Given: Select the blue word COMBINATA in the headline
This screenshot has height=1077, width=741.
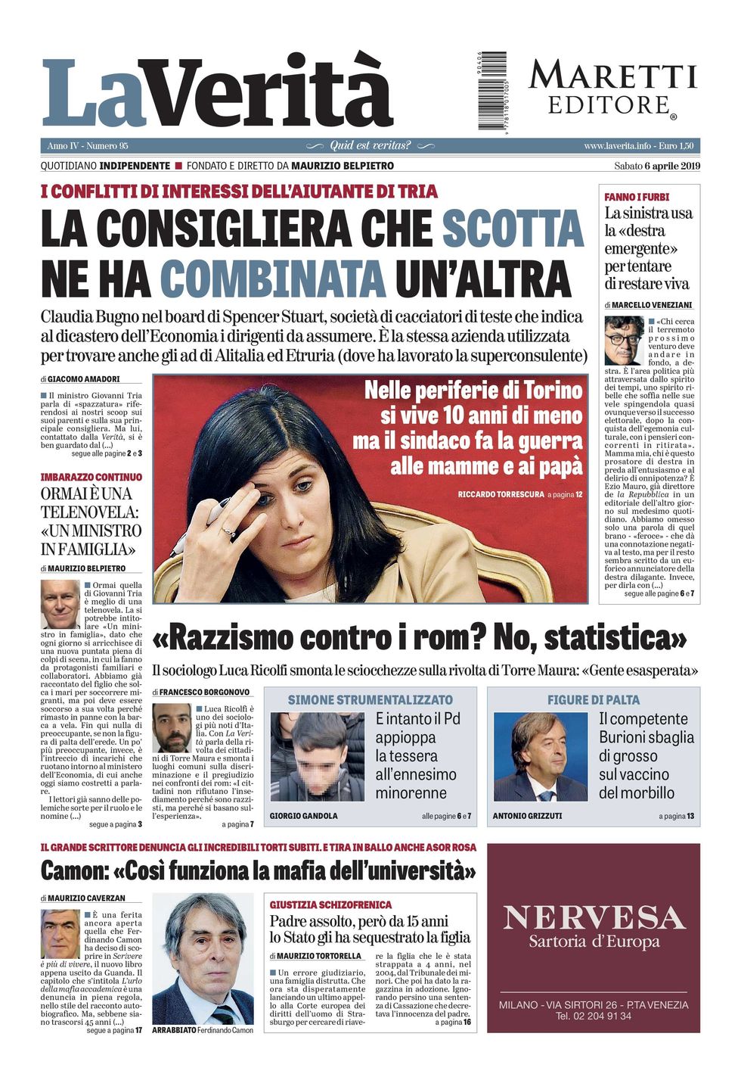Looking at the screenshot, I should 272,279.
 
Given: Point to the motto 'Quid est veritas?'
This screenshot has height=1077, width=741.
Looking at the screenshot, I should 370,145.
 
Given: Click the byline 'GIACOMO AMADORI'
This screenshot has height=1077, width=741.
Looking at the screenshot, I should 83,378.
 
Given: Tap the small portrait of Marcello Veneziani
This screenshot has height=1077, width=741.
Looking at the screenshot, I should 624,341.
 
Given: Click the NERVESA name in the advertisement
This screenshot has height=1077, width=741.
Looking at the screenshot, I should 594,917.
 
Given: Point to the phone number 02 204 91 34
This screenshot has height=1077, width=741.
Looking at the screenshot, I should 594,1016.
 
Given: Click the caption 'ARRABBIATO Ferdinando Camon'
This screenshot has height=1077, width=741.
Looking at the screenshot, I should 203,1030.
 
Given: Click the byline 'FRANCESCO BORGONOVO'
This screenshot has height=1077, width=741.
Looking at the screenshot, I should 204,692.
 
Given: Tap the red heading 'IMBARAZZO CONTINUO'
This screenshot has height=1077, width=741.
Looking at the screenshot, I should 91,477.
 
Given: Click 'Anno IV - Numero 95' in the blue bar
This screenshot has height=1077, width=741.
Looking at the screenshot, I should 88,145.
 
